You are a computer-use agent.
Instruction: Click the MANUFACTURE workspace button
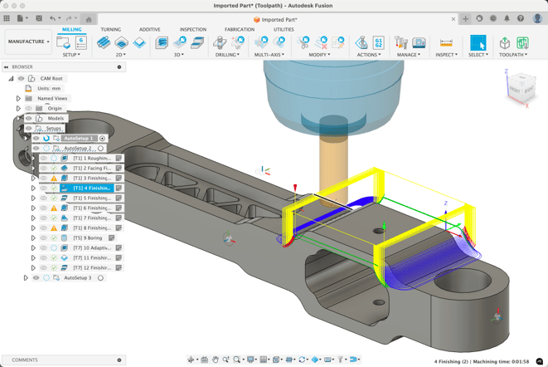[x=28, y=42]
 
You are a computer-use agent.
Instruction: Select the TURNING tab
[x=110, y=29]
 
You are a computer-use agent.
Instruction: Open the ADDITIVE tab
[x=150, y=29]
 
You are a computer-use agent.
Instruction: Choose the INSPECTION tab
[x=193, y=29]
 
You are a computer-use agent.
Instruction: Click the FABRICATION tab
[x=240, y=29]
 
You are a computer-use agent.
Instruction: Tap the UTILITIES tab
[x=284, y=29]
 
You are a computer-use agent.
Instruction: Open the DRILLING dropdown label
[x=227, y=55]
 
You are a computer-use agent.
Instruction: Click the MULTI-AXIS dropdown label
[x=269, y=55]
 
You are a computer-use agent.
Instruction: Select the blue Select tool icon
[x=478, y=42]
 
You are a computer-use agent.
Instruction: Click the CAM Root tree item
[x=51, y=78]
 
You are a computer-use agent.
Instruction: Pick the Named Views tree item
[x=52, y=98]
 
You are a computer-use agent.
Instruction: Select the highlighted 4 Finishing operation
[x=91, y=188]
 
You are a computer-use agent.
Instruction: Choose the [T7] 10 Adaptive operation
[x=91, y=248]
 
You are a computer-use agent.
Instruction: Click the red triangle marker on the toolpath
[x=295, y=188]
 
